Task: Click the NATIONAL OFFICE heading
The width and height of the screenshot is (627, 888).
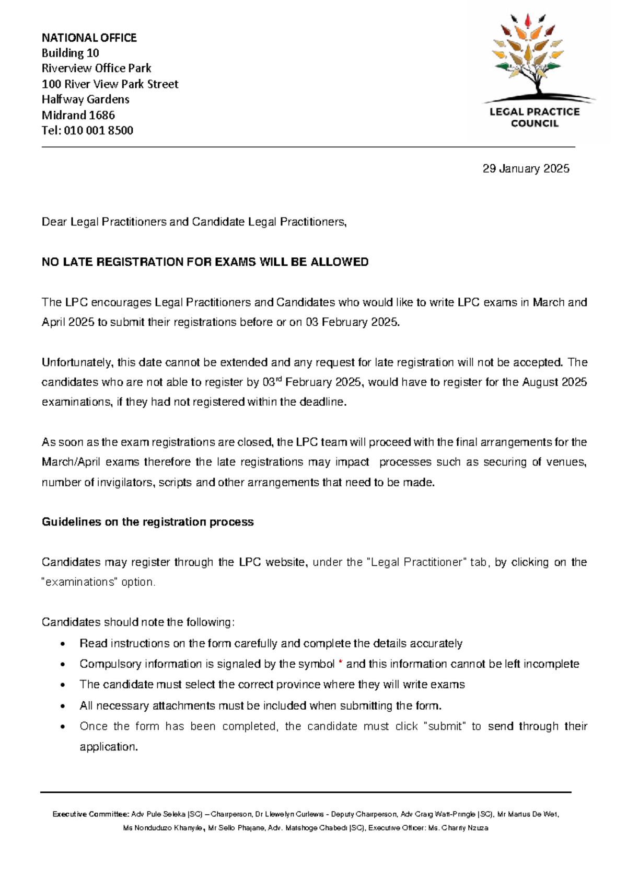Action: click(89, 38)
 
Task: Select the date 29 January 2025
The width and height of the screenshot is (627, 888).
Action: click(526, 168)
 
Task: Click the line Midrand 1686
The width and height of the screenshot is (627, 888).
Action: click(78, 115)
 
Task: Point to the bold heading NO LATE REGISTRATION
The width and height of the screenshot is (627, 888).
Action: click(205, 262)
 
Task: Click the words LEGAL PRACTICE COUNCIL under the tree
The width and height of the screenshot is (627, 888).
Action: click(534, 118)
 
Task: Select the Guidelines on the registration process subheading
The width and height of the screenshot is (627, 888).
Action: click(147, 522)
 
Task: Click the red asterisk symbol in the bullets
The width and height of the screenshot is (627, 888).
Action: click(341, 663)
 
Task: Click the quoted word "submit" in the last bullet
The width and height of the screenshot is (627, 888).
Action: click(444, 726)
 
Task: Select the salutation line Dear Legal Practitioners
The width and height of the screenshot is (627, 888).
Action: click(194, 222)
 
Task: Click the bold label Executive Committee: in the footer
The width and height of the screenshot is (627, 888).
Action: click(90, 814)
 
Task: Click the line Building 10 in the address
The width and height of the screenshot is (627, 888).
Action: click(71, 53)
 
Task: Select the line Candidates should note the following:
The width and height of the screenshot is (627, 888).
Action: click(138, 622)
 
